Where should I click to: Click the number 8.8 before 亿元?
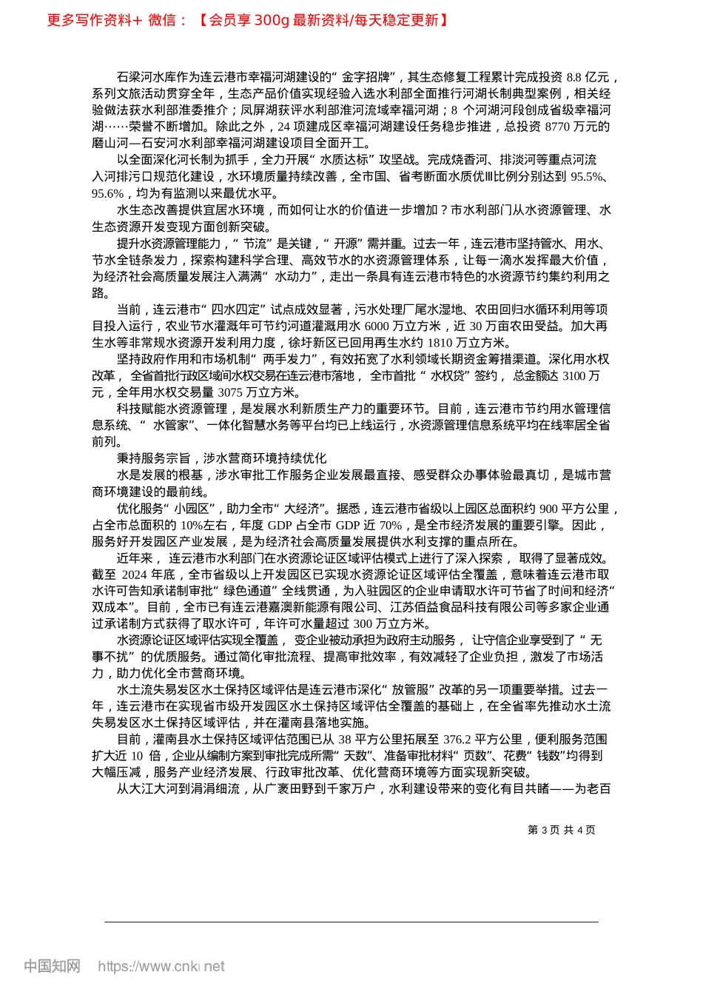574,77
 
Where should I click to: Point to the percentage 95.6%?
107,193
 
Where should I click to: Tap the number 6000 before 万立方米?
377,326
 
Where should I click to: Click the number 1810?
440,343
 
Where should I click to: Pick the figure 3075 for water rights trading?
231,392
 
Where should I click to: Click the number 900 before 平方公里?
548,509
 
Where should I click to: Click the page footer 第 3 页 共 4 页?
562,830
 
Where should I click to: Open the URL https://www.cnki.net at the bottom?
161,966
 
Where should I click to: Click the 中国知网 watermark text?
52,966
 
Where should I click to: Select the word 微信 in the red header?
162,20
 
